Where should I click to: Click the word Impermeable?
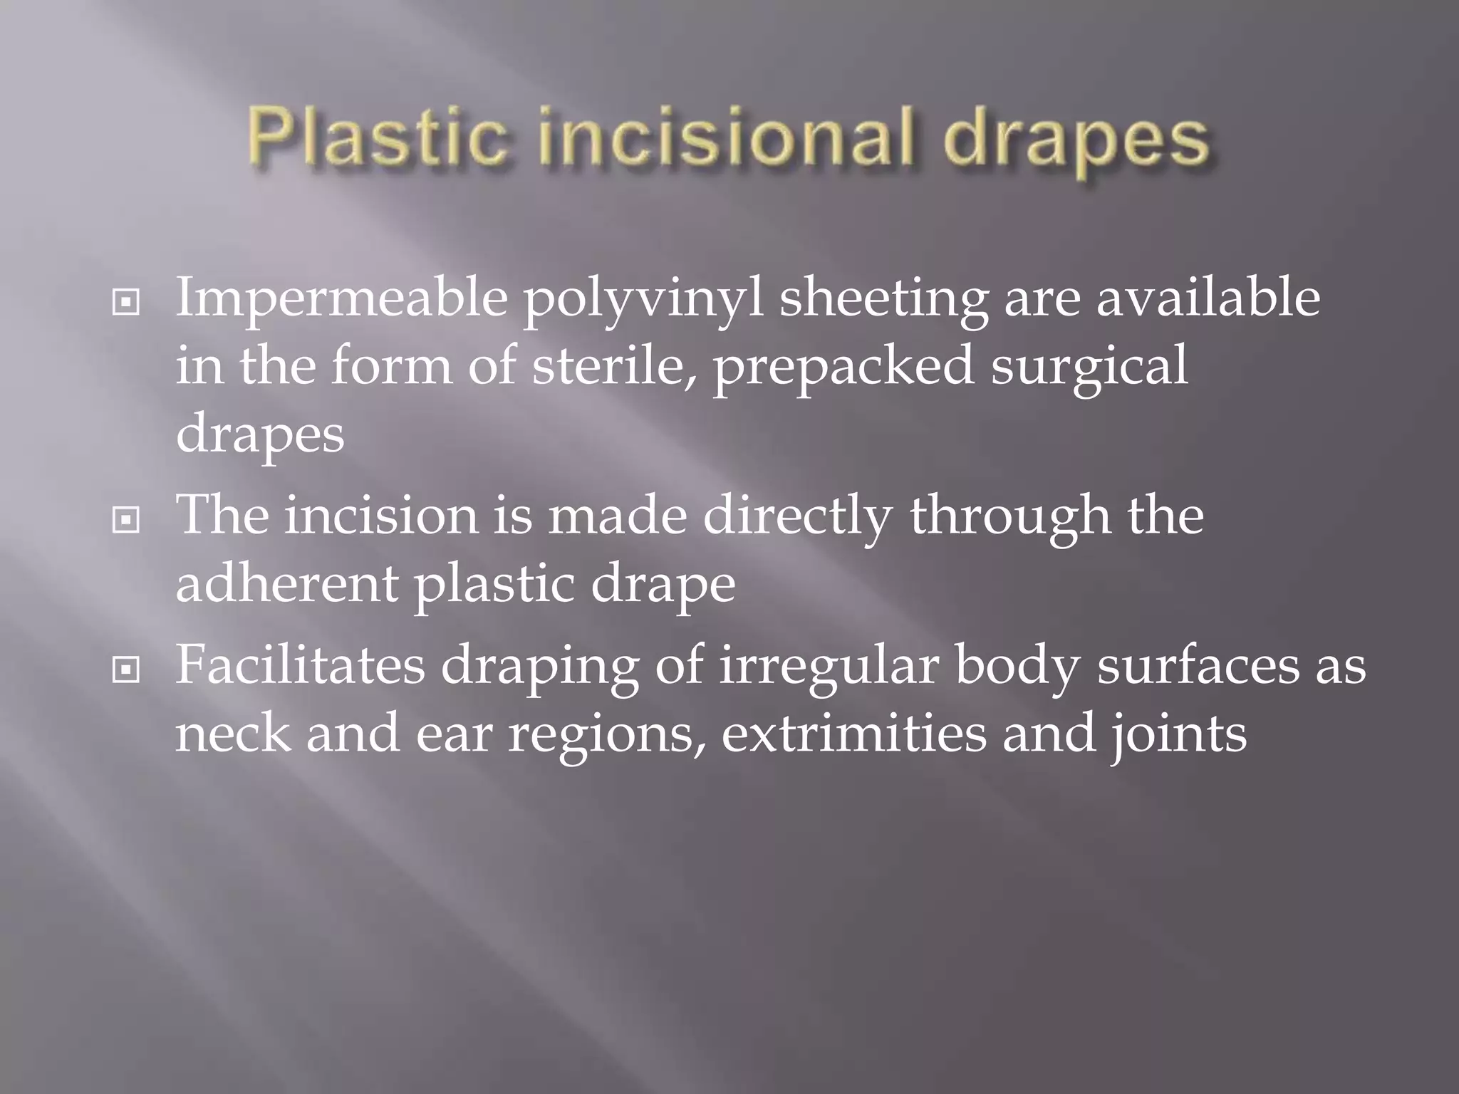341,298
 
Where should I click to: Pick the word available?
1208,297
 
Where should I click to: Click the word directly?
797,517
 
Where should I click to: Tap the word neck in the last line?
234,734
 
